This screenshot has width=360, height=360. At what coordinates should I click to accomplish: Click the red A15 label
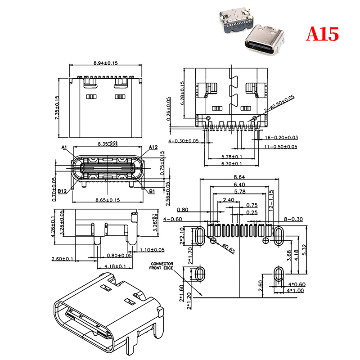322,34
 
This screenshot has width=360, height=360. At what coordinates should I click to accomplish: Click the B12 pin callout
63,191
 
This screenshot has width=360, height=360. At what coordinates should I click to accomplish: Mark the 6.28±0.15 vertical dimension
182,93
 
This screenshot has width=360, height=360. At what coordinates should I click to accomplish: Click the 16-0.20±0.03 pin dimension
281,137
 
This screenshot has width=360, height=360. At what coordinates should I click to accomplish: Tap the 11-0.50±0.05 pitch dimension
281,147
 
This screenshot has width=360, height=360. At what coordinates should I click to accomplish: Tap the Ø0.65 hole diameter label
228,248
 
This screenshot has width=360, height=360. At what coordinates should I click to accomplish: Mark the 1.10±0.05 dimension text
152,250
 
